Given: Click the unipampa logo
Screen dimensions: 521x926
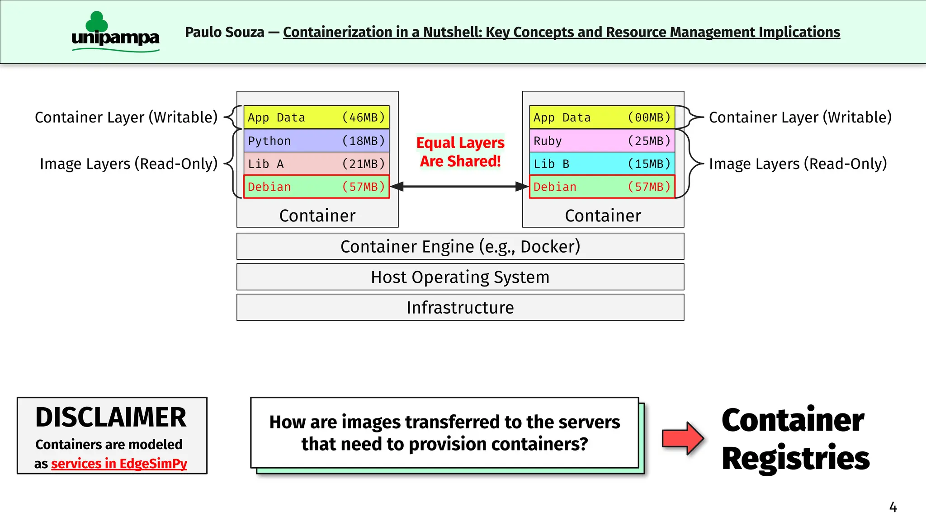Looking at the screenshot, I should [x=115, y=33].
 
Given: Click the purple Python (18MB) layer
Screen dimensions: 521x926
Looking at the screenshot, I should [x=317, y=141].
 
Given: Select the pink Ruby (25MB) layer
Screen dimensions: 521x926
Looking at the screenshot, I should [x=602, y=141].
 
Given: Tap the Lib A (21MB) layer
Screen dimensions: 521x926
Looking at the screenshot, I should [x=317, y=164].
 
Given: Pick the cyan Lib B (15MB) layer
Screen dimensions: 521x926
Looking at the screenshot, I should [x=602, y=164].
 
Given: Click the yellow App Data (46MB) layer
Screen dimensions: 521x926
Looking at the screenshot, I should [x=317, y=117].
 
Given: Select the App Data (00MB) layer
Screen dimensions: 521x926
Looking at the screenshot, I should [x=602, y=117].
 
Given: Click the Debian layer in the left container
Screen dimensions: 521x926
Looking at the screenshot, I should [x=317, y=187].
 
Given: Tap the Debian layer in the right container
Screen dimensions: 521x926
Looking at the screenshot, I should [x=602, y=187].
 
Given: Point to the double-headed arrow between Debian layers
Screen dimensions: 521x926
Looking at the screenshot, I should [x=459, y=186].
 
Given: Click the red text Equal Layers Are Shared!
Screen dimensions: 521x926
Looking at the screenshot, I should [x=460, y=152].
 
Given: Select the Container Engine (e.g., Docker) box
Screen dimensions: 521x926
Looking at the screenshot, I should [x=460, y=246].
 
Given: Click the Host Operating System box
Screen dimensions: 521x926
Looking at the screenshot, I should [x=460, y=277].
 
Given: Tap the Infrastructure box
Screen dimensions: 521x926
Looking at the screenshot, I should [x=460, y=307].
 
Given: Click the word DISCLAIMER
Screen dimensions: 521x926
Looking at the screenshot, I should [x=111, y=417].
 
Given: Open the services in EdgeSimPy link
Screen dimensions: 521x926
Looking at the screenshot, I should [x=119, y=464].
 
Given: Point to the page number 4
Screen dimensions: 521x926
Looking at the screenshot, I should [x=893, y=507].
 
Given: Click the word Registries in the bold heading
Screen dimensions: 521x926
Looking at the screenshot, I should [x=795, y=458].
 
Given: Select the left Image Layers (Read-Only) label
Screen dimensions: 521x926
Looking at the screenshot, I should [x=128, y=164].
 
